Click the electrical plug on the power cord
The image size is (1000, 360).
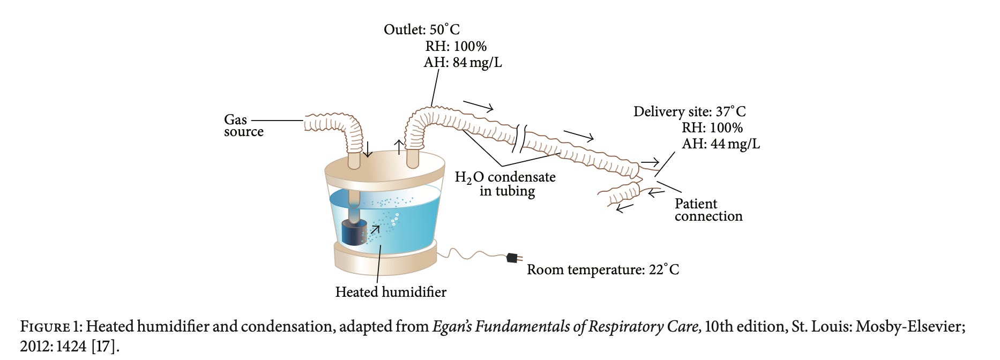(x=513, y=258)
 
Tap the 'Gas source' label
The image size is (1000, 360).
(x=243, y=126)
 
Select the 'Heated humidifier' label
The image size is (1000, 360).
(x=390, y=292)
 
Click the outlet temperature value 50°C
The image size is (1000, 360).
(x=444, y=30)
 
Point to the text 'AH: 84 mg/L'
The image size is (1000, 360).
(x=462, y=63)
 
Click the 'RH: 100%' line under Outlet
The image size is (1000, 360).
(x=456, y=47)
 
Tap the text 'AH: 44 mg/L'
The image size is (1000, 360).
(x=720, y=144)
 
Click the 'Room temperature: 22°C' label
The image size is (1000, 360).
(x=602, y=269)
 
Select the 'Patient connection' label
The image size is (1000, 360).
(x=708, y=210)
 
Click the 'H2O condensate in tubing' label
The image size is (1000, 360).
(x=505, y=184)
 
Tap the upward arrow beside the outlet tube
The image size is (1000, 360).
(x=399, y=146)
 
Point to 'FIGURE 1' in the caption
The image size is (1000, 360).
(x=50, y=327)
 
